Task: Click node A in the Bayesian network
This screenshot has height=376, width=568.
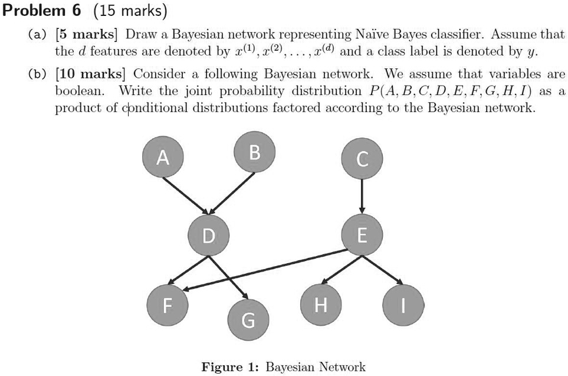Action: [x=163, y=158]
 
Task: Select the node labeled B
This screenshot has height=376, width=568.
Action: [x=254, y=152]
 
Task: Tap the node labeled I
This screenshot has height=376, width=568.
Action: [x=403, y=305]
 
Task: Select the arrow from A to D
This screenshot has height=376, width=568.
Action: [x=185, y=195]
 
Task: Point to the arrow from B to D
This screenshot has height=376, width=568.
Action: [x=233, y=192]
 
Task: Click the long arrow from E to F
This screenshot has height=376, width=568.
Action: [x=265, y=270]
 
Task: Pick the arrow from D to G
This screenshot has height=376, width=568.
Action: [x=228, y=277]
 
